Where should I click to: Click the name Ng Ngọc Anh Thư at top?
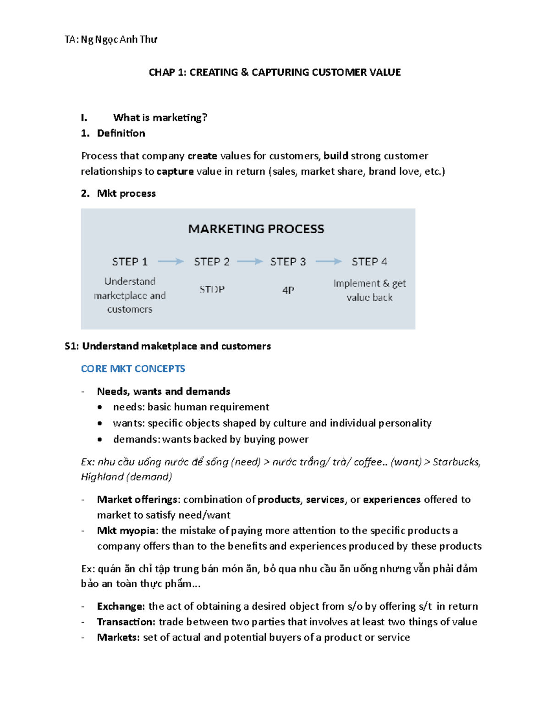click(119, 39)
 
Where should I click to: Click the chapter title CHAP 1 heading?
click(275, 72)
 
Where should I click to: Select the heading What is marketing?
click(160, 118)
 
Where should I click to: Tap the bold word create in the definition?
click(202, 156)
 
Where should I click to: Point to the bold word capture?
click(175, 171)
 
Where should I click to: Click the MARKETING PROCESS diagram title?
click(256, 229)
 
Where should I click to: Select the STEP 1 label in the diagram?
click(130, 262)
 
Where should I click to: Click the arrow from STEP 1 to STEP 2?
click(170, 261)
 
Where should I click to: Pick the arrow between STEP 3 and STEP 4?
click(329, 261)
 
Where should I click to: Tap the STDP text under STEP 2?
click(212, 290)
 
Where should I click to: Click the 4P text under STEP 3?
click(288, 290)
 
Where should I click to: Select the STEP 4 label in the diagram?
click(369, 262)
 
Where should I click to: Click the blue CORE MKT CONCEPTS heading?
click(133, 369)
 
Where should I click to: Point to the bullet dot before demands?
click(99, 439)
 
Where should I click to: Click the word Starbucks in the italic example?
click(456, 462)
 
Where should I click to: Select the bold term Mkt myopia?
click(126, 531)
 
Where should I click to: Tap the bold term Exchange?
click(121, 607)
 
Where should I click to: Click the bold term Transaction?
click(126, 622)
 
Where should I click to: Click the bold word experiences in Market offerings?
click(391, 500)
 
